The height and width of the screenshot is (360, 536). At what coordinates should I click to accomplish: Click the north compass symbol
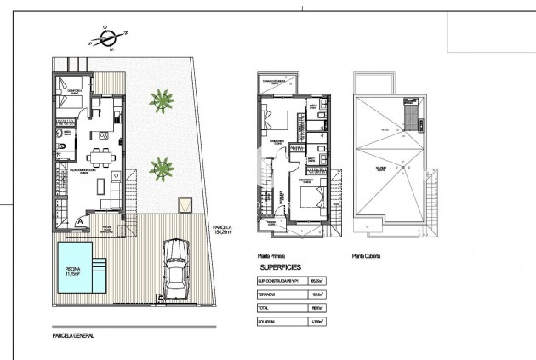107,37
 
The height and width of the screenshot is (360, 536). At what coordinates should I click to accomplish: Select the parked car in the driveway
176,265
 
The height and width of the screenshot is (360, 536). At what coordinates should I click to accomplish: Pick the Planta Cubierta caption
365,254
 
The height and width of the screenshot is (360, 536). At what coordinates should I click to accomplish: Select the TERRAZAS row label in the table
267,294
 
